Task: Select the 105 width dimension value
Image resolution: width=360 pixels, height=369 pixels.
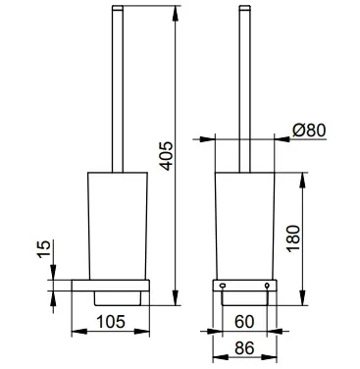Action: [111, 322]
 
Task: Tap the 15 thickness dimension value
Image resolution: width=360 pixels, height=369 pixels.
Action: [44, 249]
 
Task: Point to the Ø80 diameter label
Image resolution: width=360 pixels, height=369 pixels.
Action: [309, 131]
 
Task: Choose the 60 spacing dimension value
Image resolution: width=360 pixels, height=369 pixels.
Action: [244, 322]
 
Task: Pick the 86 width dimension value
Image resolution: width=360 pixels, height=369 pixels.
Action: [244, 348]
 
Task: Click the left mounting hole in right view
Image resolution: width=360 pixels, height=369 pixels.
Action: [223, 286]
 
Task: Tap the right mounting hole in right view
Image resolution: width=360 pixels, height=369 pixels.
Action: [267, 286]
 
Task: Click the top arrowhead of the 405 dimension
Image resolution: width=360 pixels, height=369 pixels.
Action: [176, 13]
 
